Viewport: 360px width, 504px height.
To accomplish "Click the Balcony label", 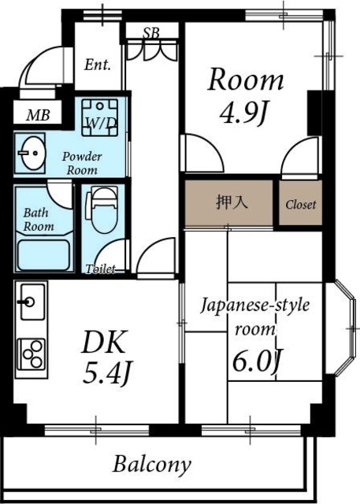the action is [x=152, y=465].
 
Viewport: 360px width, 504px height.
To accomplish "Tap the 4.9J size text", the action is [x=243, y=113].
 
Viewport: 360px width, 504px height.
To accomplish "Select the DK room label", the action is [x=103, y=342].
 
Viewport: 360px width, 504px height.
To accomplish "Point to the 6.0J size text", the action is [x=257, y=361].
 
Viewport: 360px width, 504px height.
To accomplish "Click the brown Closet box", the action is [x=301, y=202].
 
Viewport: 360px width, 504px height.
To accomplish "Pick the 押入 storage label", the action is [x=232, y=202].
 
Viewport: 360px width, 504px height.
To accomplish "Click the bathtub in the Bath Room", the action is [x=43, y=255].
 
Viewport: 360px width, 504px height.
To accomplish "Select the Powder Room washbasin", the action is [x=31, y=153].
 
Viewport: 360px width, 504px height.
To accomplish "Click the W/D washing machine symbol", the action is [x=99, y=117].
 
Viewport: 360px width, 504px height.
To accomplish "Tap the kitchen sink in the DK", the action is [x=32, y=302].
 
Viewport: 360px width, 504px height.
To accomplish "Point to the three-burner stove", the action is [x=32, y=354].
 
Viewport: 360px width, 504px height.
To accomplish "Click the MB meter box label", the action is [x=38, y=115].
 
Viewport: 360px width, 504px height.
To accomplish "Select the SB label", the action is [x=151, y=32].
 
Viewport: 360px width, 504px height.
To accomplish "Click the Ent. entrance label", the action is [x=98, y=65].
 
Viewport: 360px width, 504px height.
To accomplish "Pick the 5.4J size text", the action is [x=106, y=372].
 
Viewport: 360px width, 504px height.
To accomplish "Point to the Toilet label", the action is [x=100, y=269].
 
